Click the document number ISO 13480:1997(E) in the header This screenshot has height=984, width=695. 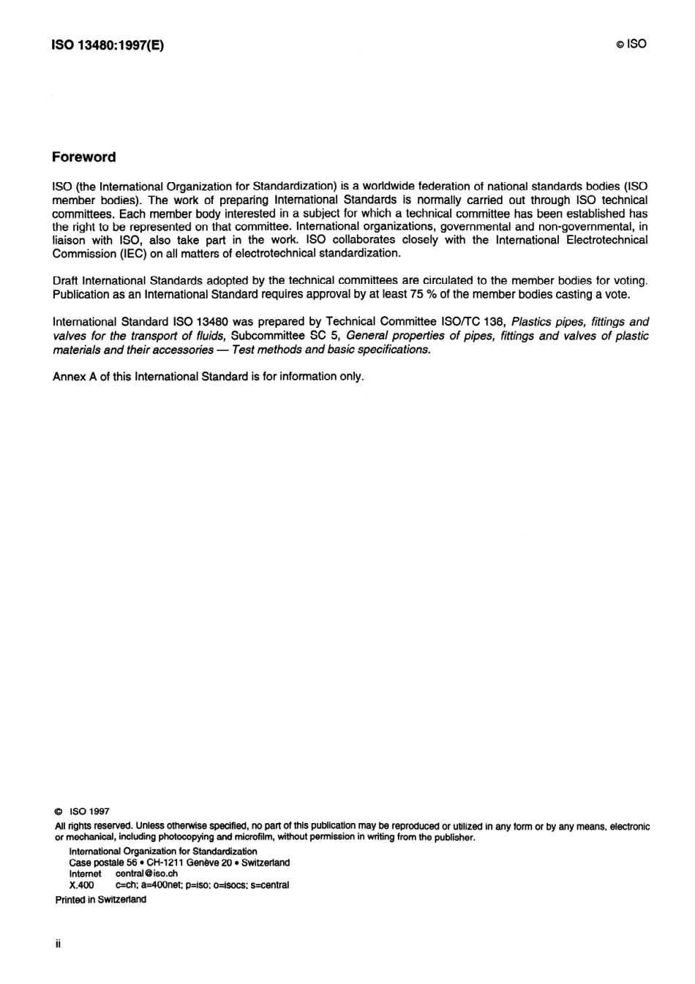108,45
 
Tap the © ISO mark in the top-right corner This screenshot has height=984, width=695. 631,44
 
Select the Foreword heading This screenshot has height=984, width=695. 83,157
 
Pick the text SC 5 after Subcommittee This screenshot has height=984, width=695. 325,336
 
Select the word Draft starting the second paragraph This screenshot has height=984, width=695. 66,281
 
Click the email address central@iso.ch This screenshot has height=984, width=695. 146,874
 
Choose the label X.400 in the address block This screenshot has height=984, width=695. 81,885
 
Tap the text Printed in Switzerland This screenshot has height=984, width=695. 100,900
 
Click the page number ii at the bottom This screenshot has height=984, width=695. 58,944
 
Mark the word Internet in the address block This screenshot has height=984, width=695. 85,874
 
